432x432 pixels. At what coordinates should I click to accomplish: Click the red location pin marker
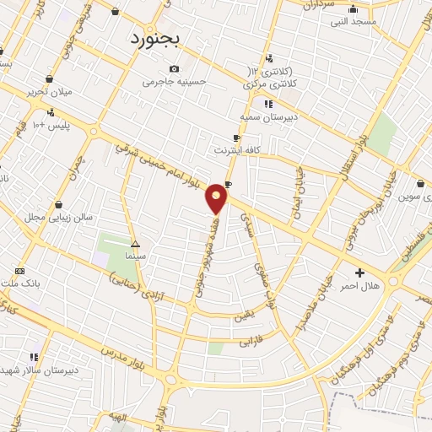(x=218, y=197)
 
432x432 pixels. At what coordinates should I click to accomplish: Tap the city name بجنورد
(x=157, y=39)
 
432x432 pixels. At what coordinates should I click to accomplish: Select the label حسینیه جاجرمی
(x=174, y=82)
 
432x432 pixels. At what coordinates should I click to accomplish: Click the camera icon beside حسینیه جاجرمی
(x=174, y=68)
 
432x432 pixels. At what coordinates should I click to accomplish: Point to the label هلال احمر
(x=359, y=286)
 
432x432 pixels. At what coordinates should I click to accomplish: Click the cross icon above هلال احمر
(x=360, y=273)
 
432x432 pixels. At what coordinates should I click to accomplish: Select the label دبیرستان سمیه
(x=267, y=118)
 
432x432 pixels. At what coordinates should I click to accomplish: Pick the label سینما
(x=135, y=255)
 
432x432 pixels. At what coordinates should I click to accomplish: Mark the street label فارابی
(x=251, y=343)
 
